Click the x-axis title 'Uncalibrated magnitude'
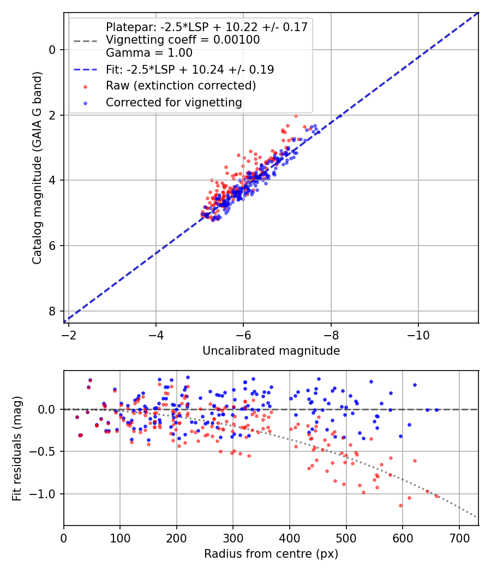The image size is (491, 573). (271, 351)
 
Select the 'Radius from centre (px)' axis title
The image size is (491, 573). (271, 554)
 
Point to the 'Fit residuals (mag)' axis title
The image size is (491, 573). (17, 448)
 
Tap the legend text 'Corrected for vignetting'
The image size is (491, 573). (174, 102)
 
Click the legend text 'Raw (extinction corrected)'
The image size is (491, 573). (181, 86)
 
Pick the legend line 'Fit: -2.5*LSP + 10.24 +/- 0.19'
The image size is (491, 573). (190, 69)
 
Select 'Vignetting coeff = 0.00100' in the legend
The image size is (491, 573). (183, 40)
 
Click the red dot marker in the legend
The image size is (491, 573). (85, 86)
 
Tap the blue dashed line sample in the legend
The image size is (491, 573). (85, 70)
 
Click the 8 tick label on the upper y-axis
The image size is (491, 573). (52, 311)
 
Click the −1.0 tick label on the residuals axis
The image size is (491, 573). (44, 494)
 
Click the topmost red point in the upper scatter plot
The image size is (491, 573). (296, 116)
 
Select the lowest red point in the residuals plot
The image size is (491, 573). (400, 505)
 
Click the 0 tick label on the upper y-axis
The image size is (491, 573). (52, 50)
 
